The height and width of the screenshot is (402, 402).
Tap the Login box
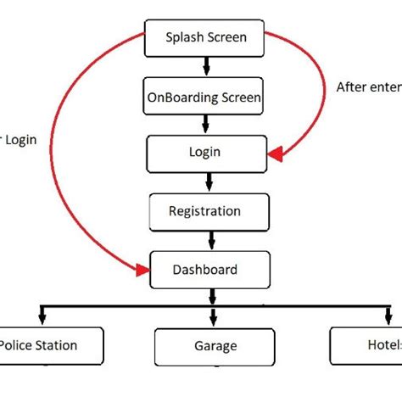tap(206, 153)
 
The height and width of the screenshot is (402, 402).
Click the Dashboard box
tap(207, 271)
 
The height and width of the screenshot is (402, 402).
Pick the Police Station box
tap(47, 345)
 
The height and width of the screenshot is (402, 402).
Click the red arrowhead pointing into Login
tap(274, 154)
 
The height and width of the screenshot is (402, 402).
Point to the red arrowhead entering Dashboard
tap(142, 271)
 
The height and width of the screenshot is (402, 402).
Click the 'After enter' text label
tap(368, 87)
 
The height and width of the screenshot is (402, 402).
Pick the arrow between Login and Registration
tap(207, 181)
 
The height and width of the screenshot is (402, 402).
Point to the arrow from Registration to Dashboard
tap(207, 240)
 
